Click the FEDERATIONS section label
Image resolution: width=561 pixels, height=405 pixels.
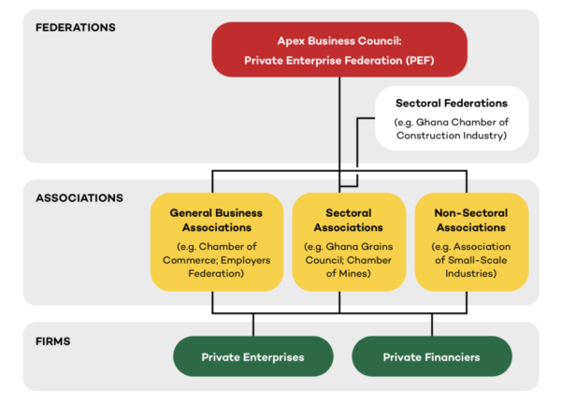[75, 27]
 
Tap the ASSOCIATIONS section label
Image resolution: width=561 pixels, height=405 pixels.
[79, 198]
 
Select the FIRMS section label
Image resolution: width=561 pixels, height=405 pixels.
[53, 340]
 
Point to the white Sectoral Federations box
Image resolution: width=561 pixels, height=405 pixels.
[452, 119]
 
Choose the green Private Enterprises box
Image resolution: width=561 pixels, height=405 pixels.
[253, 357]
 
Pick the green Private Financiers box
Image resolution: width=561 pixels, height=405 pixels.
[431, 357]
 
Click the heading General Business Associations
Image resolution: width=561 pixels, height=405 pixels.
[216, 220]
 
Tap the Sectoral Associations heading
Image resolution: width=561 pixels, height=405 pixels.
[340, 220]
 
